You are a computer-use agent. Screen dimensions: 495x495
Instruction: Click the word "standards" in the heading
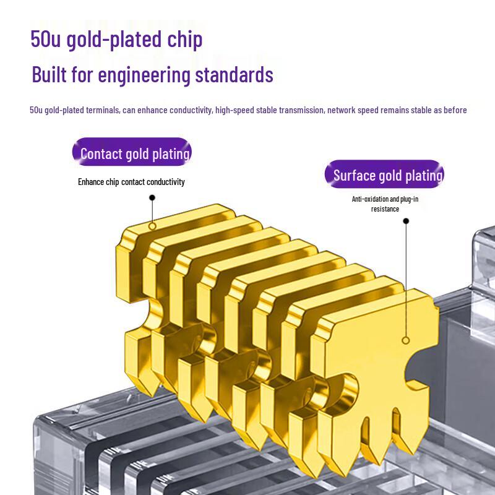[234, 74]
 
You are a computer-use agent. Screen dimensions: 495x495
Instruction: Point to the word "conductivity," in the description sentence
[191, 110]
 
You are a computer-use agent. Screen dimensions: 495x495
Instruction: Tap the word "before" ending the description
[455, 110]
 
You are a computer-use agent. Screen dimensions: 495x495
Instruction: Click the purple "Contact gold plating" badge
[132, 152]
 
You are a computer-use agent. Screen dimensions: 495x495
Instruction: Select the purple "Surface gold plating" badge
[384, 174]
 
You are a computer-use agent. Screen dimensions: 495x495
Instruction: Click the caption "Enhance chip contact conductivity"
[131, 182]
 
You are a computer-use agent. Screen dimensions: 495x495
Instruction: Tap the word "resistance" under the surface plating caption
[385, 209]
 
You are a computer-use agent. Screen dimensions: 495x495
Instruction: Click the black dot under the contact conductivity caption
[152, 197]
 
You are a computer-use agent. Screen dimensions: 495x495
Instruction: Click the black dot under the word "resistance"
[406, 221]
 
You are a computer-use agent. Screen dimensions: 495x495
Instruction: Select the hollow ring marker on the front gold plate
[406, 340]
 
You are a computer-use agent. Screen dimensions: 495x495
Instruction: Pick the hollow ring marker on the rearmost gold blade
[152, 226]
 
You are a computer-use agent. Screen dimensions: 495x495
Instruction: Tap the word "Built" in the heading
[49, 74]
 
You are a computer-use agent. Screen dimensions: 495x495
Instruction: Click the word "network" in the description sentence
[341, 110]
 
